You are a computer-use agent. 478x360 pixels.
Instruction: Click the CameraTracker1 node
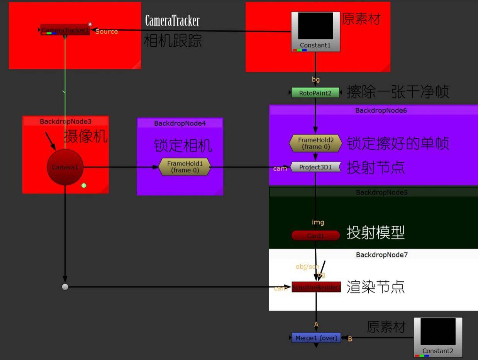(65, 30)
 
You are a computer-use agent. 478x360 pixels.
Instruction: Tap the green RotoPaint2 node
(315, 93)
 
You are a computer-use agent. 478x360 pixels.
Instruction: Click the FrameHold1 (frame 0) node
(185, 167)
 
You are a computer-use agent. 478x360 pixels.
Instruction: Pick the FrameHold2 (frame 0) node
(315, 144)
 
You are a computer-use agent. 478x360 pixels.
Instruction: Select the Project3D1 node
(315, 167)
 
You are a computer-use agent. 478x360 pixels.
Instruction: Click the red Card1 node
(315, 235)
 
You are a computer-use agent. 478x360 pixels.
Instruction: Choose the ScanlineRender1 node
(316, 287)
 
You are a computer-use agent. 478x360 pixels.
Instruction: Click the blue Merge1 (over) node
(316, 338)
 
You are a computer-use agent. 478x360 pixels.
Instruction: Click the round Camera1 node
(65, 167)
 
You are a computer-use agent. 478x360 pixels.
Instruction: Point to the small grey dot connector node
(65, 287)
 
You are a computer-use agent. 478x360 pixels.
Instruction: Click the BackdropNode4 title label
(180, 123)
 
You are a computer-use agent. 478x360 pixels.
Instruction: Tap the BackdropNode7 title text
(381, 255)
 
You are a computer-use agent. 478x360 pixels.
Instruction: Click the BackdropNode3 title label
(65, 122)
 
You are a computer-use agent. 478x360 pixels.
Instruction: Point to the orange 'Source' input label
(107, 32)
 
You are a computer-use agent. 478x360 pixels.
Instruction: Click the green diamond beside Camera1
(84, 186)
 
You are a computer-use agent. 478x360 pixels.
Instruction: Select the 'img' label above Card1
(318, 222)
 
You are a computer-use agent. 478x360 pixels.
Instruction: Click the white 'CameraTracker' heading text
(172, 21)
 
